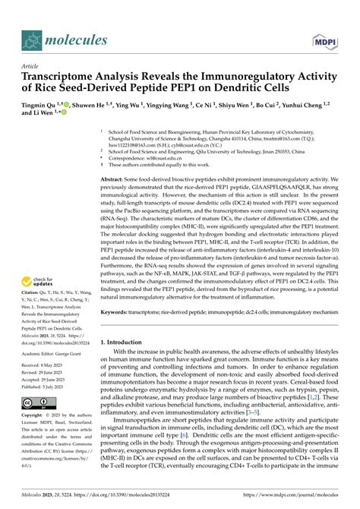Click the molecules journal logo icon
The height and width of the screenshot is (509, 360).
point(32,40)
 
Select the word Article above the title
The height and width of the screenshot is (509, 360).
point(30,67)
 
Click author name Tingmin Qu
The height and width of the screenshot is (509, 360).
point(41,103)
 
